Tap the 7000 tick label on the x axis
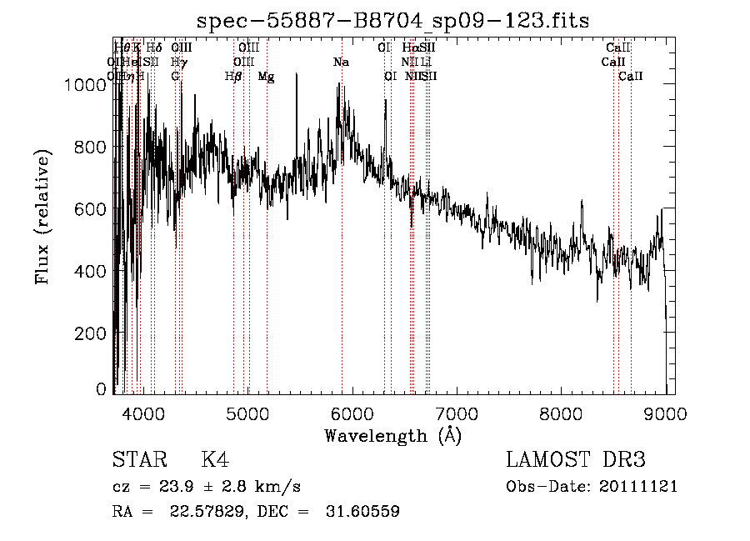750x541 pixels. [x=457, y=413]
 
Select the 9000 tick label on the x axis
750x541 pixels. [x=665, y=413]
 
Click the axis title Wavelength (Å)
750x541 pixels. [x=392, y=435]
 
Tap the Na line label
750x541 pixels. [x=340, y=63]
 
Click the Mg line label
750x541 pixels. [x=266, y=77]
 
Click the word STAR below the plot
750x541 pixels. [x=138, y=460]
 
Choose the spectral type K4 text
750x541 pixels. [x=215, y=460]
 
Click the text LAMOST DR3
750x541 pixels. [x=575, y=460]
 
